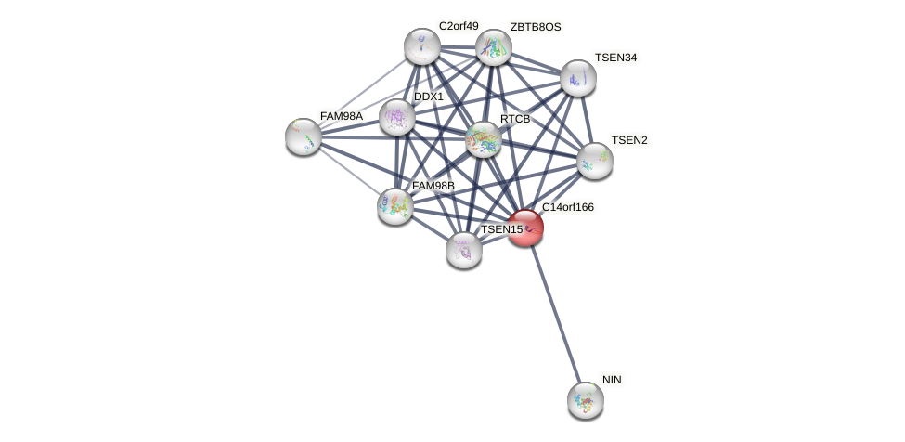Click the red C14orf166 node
(x=525, y=227)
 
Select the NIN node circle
(x=586, y=400)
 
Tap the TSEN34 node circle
(x=577, y=78)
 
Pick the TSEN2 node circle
(x=595, y=161)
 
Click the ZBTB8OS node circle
(x=494, y=47)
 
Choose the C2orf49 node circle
(x=422, y=46)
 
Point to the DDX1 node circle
(x=397, y=117)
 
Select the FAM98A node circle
(x=304, y=136)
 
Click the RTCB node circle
(x=484, y=139)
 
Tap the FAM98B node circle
(x=395, y=206)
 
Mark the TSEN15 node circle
(x=464, y=250)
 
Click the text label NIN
(x=612, y=380)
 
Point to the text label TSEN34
(x=616, y=58)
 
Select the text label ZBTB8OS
(x=536, y=27)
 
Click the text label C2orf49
(x=459, y=26)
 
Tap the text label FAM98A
(x=342, y=116)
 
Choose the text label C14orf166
(x=568, y=207)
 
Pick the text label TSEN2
(x=629, y=140)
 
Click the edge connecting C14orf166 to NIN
(x=556, y=316)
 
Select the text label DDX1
(x=429, y=97)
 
